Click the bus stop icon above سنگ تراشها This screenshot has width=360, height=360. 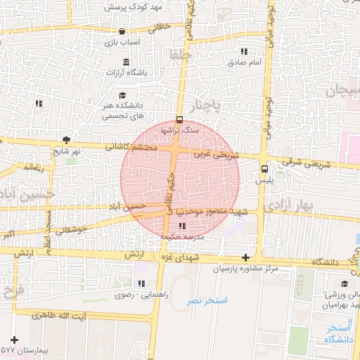179,119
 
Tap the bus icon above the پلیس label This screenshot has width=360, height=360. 264,169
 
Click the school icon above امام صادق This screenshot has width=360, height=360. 244,51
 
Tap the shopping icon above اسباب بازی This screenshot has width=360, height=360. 122,31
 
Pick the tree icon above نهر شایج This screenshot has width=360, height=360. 66,140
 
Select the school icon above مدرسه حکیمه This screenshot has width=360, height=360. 183,226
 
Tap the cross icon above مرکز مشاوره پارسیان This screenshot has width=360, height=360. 245,259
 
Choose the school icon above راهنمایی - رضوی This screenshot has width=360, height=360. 142,283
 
